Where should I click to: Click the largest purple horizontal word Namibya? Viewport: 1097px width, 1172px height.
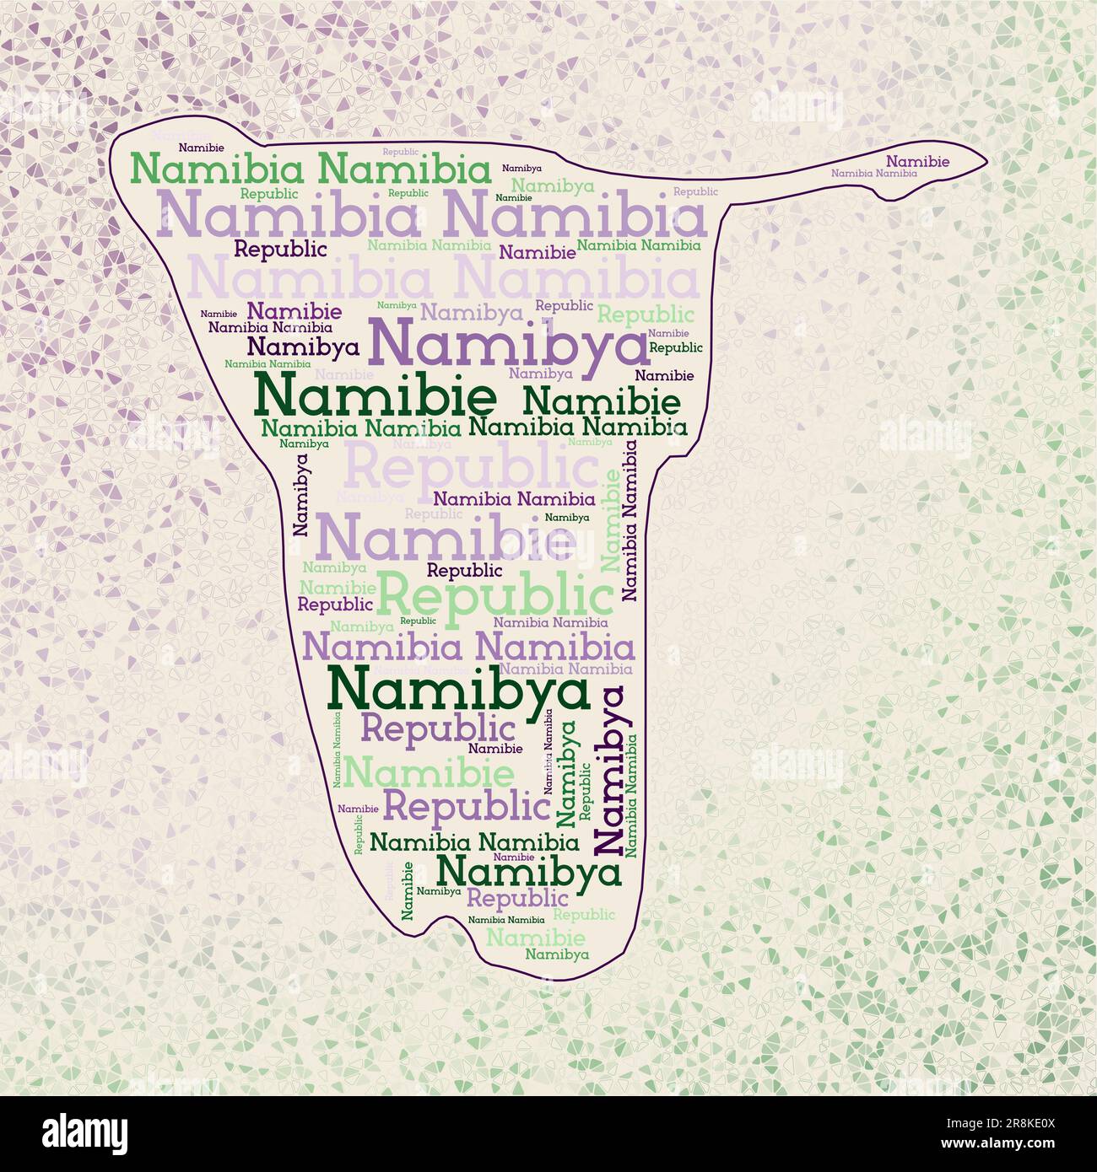pos(506,345)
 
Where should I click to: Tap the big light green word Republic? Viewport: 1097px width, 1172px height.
pos(494,595)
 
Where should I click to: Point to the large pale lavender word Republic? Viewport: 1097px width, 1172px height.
pos(471,465)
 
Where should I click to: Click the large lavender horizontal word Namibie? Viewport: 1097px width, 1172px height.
pos(446,538)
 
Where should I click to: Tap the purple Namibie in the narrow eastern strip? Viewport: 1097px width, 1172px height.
pos(917,161)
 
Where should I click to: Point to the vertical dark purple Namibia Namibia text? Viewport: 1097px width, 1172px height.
pos(630,523)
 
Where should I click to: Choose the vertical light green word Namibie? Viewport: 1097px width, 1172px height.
pos(610,520)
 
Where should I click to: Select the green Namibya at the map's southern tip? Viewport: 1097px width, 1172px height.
pos(557,954)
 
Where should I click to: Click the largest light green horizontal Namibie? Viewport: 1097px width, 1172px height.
pos(429,771)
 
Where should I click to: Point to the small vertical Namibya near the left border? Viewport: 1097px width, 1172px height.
pos(300,494)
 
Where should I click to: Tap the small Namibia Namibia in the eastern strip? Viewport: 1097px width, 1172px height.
pos(873,173)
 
